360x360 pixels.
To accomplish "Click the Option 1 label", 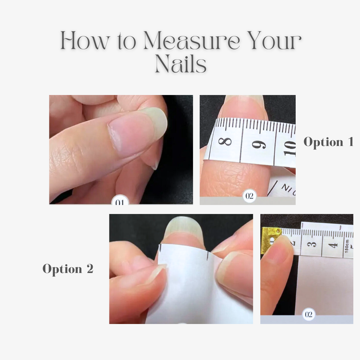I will coord(328,142).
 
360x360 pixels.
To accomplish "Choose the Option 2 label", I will coord(68,269).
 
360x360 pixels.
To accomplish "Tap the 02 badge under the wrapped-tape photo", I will coord(249,196).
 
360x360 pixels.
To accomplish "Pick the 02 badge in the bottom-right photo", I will coord(309,315).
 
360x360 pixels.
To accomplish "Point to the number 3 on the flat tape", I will coord(313,244).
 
